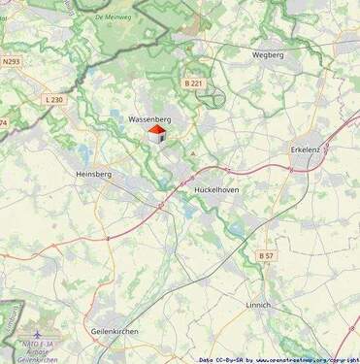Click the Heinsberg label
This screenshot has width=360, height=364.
click(x=94, y=174)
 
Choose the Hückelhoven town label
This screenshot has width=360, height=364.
click(x=216, y=190)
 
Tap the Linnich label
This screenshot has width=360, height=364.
click(x=258, y=305)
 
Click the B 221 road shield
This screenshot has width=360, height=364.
click(x=193, y=84)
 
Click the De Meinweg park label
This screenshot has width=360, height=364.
click(x=115, y=17)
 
